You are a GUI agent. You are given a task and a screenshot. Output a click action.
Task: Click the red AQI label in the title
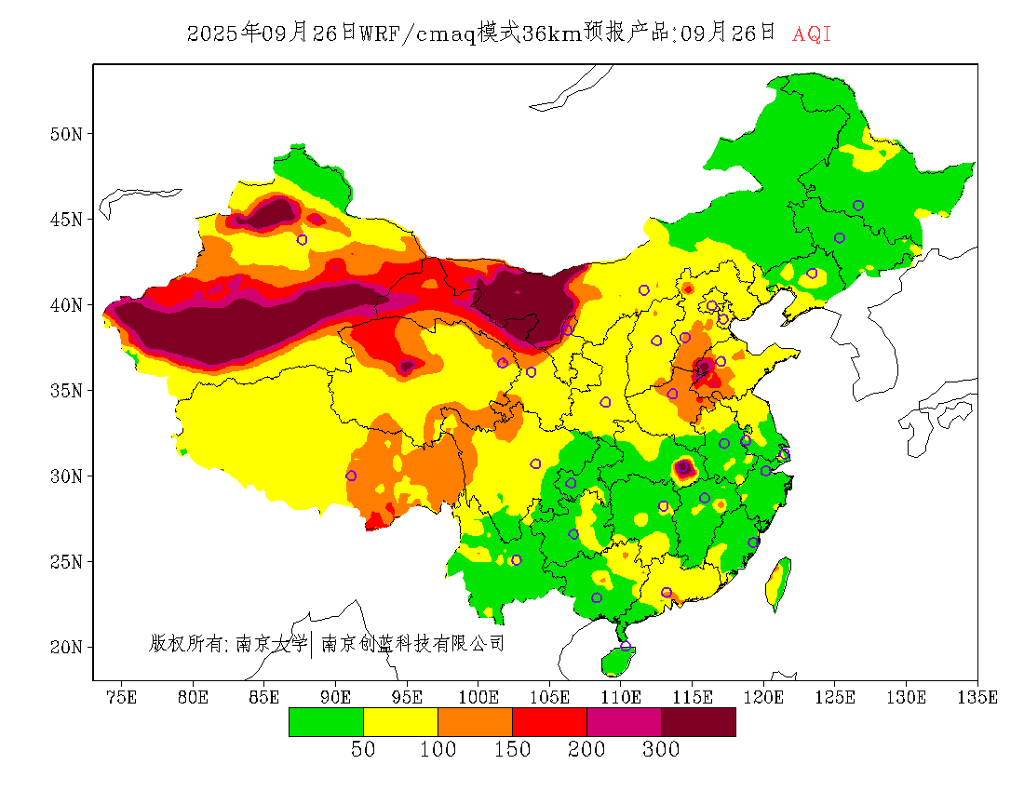tap(811, 34)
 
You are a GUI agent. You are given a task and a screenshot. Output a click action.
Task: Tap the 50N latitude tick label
tap(65, 134)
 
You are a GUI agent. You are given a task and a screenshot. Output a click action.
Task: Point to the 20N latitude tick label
tap(65, 647)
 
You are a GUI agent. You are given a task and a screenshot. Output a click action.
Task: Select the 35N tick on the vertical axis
tap(65, 390)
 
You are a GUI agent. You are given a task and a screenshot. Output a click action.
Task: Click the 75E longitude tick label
tap(121, 697)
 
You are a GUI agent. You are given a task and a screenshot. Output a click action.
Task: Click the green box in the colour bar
tap(326, 722)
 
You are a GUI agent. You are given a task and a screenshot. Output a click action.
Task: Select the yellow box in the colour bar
tap(400, 722)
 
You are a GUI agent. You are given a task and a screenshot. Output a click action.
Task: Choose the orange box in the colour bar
tap(475, 722)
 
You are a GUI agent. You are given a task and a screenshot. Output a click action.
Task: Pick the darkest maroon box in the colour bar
tap(698, 722)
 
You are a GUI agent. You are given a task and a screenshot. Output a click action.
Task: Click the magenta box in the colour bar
tap(624, 722)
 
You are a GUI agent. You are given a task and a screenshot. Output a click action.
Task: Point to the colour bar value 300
tap(661, 750)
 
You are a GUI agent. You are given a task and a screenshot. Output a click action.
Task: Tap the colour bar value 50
tap(363, 750)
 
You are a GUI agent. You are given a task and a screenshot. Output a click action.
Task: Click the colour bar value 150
tap(512, 750)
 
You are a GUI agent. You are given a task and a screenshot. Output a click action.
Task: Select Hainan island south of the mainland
tap(617, 661)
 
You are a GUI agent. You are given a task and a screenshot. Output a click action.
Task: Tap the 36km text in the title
tap(551, 34)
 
